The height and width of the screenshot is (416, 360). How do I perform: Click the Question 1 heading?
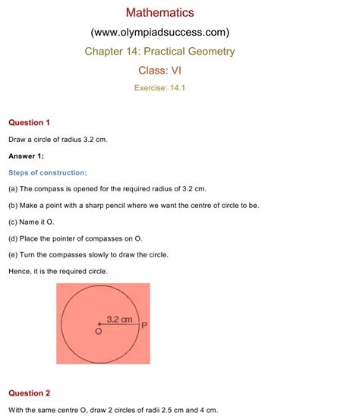point(29,122)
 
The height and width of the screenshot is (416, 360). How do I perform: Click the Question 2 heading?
point(29,393)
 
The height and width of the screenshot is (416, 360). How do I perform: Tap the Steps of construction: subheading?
point(47,172)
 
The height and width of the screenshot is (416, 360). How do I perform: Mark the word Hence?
point(21,271)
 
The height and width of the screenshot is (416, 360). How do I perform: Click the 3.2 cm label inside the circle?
point(120,320)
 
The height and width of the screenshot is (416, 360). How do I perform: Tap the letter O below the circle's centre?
point(98,332)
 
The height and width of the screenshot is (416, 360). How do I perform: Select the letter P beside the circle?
point(144,326)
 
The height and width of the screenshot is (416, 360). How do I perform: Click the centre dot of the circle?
point(99,324)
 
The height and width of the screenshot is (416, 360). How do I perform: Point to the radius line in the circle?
point(118,325)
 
